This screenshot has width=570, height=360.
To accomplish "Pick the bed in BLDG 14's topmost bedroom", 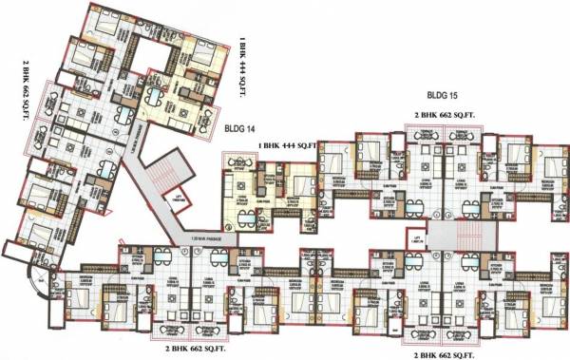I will [x=103, y=23].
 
